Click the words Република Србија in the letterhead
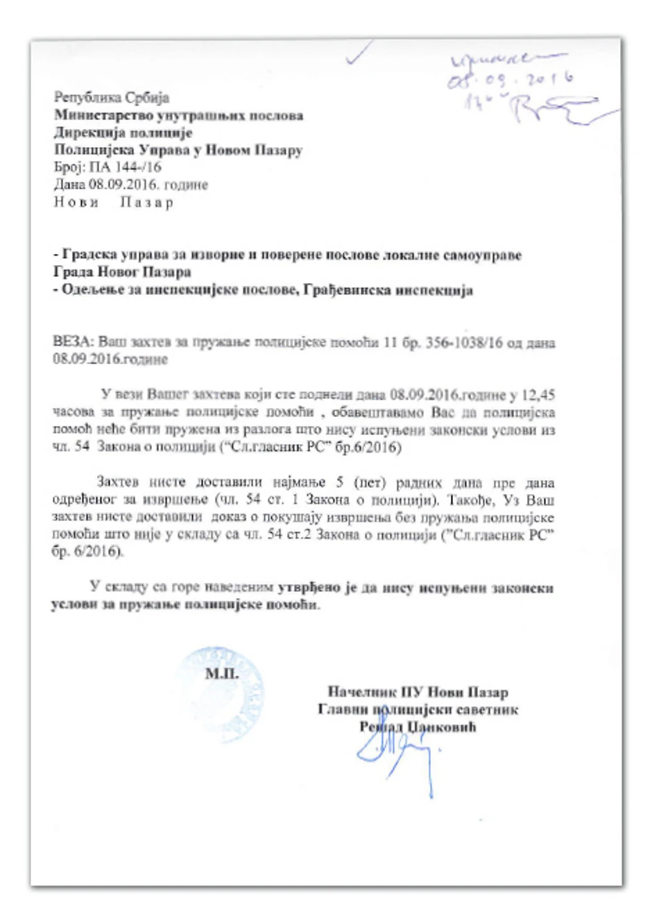coord(111,98)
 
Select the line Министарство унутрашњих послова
coord(178,115)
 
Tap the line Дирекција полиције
coord(123,133)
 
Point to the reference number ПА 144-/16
coord(124,167)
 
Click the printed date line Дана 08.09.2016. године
coord(130,185)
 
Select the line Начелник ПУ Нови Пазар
coord(418,692)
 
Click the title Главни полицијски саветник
coord(418,709)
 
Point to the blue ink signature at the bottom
coord(395,749)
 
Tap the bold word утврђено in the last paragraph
coord(309,588)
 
